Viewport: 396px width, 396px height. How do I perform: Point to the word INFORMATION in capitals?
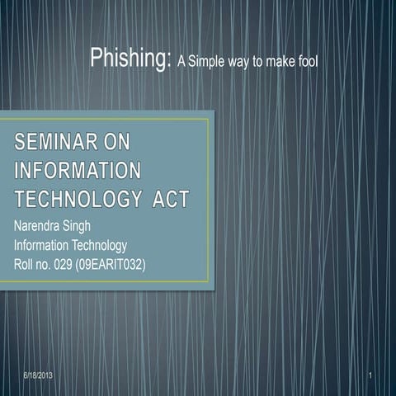point(77,171)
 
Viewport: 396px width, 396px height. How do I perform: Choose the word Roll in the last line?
point(25,264)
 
